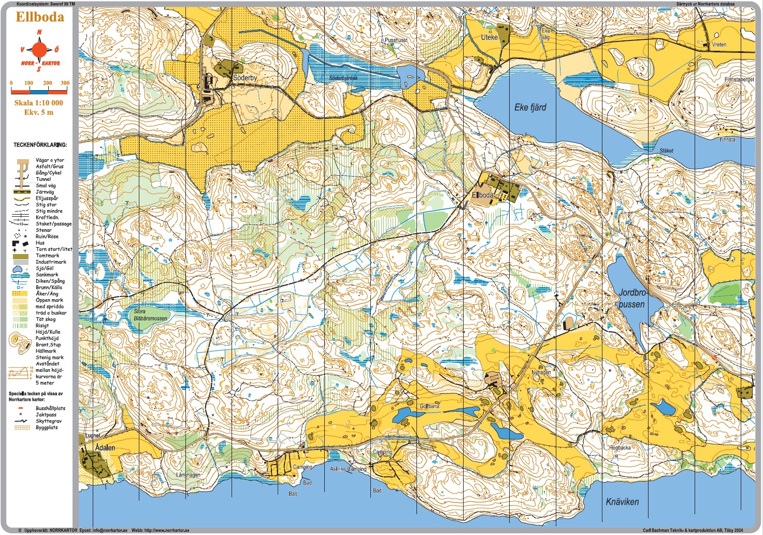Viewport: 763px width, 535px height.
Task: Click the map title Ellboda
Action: (x=40, y=17)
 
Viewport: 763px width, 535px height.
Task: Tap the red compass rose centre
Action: (x=40, y=50)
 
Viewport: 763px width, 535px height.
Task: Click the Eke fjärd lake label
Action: (x=530, y=107)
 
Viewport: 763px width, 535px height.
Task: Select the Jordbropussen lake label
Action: (x=631, y=299)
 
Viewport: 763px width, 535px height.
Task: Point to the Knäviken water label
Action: (x=622, y=502)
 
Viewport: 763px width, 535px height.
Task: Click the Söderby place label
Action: (x=245, y=78)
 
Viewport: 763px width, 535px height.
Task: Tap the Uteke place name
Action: (x=489, y=37)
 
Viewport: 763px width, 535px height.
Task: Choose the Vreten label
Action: (x=719, y=45)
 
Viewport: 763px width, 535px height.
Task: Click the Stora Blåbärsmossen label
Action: (x=150, y=315)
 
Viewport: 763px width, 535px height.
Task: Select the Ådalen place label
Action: (x=105, y=447)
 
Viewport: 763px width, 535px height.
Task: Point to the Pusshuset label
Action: (x=396, y=40)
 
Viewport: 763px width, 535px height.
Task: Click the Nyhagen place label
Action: (x=541, y=372)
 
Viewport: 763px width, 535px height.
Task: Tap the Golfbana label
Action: (x=429, y=406)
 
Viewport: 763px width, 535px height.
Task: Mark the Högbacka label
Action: (x=620, y=447)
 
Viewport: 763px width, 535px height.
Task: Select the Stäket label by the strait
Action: (x=666, y=151)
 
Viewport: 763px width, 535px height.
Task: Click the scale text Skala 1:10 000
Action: (x=39, y=103)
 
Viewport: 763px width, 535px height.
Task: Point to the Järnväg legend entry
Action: (x=47, y=192)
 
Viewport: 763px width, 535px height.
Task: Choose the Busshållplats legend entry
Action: (x=50, y=409)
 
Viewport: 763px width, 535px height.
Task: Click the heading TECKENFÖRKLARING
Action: (x=40, y=145)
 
